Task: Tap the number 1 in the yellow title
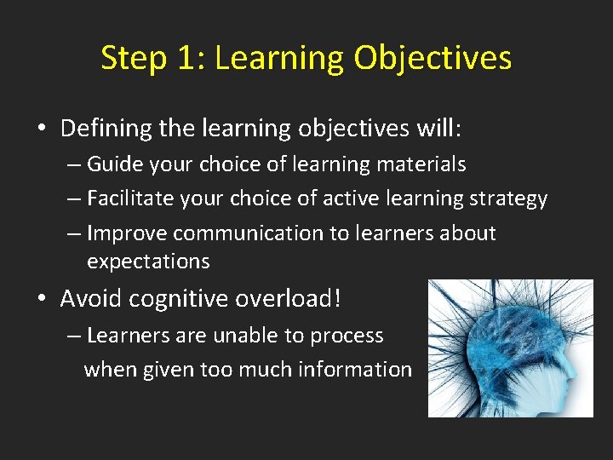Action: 186,59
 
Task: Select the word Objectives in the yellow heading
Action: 433,59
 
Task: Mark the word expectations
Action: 148,262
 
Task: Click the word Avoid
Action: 89,299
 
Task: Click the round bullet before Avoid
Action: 42,300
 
